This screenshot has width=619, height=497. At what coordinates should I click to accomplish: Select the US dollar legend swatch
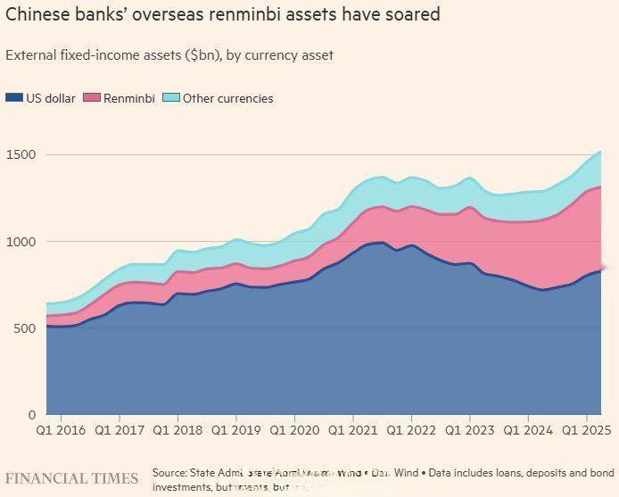click(13, 98)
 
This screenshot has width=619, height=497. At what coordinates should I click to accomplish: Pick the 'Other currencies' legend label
click(227, 98)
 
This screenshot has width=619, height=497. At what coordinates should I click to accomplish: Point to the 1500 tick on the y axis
click(21, 155)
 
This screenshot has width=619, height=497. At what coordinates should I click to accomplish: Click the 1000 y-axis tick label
click(21, 242)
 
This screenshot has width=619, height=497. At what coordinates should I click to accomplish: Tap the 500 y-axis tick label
click(25, 328)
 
